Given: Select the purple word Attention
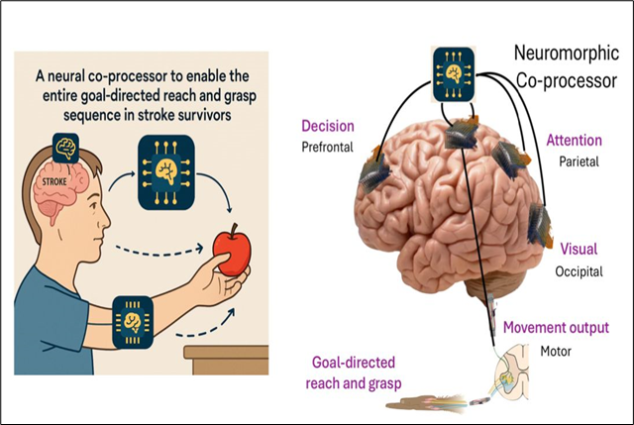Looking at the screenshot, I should pyautogui.click(x=574, y=142).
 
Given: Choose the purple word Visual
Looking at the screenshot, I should pyautogui.click(x=579, y=249).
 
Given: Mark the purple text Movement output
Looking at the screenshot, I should pyautogui.click(x=556, y=328).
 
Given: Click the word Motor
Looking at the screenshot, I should pyautogui.click(x=557, y=349).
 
